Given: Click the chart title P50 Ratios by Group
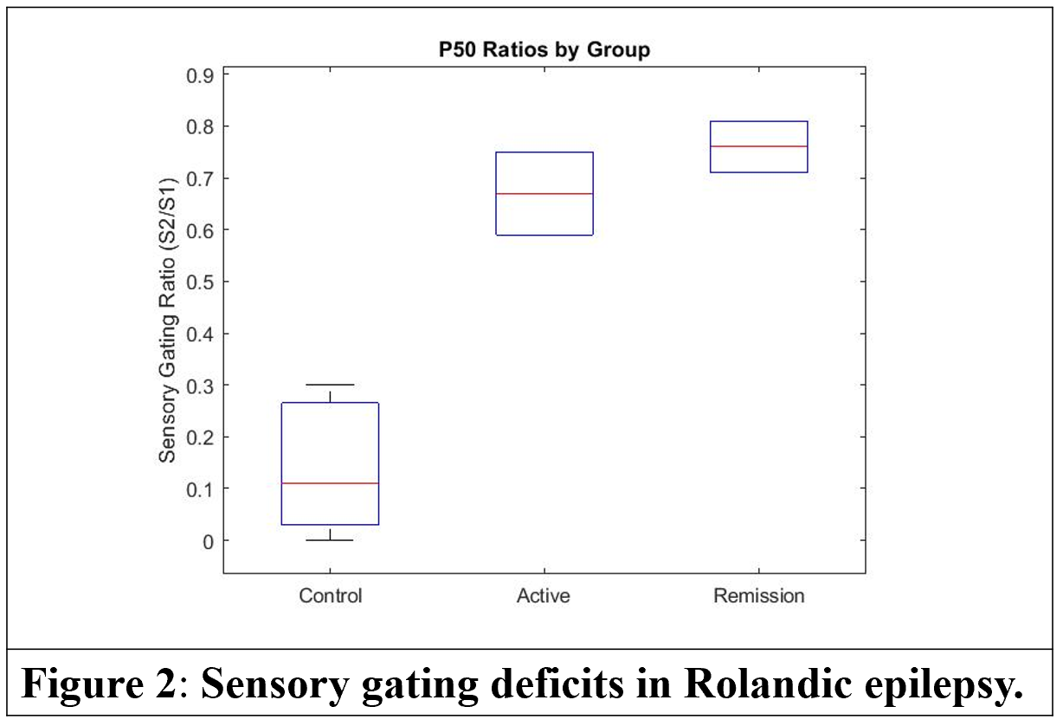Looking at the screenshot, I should point(544,50).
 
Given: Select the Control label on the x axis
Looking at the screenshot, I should point(330,596).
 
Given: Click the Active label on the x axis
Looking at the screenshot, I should point(544,596).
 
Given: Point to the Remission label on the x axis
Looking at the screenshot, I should point(758,596).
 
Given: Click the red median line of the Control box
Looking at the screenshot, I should point(331,483).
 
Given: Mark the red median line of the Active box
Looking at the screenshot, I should point(544,193).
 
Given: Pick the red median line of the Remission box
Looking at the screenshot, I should point(759,146).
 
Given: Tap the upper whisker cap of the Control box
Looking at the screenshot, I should point(331,385).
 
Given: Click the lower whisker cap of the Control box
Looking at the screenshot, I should point(331,540).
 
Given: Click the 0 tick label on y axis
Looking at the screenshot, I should point(205,541).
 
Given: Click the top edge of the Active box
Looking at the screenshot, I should point(544,152).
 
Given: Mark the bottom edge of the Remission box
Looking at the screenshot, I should point(759,172).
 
